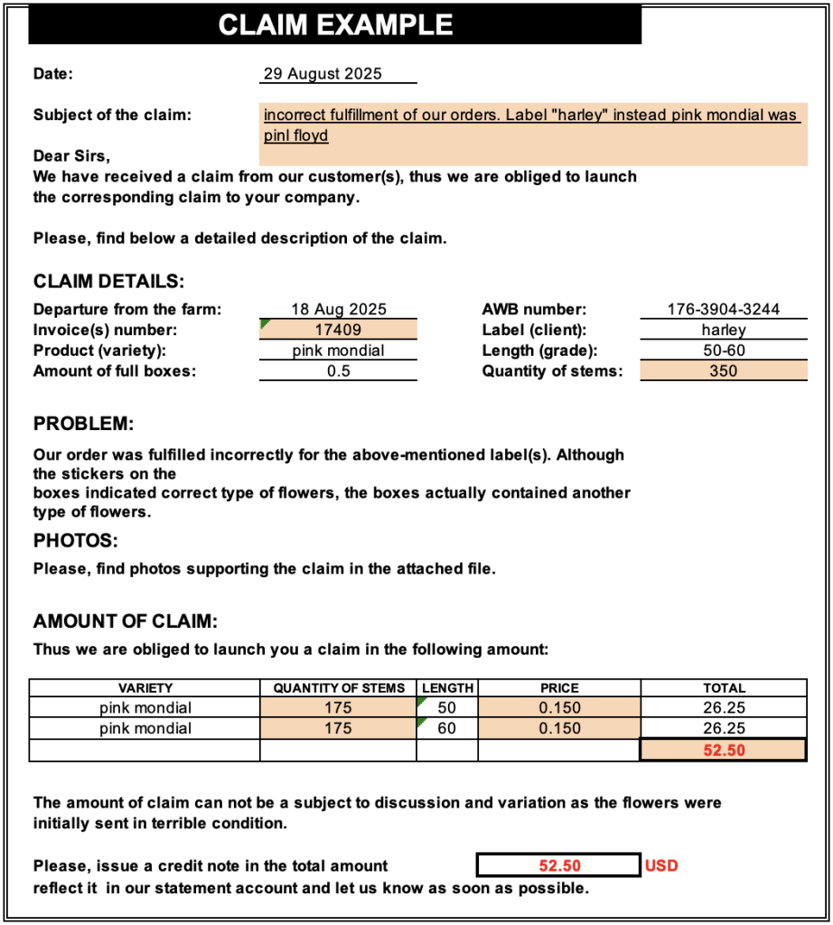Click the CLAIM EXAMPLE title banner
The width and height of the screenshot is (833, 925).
tap(335, 24)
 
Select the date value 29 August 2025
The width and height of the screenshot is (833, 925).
tap(323, 74)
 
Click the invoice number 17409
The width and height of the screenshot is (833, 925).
tap(338, 330)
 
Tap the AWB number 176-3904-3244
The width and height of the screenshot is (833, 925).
tap(724, 310)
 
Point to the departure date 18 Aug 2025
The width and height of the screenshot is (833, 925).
tap(338, 310)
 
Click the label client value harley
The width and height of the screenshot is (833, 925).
tap(724, 330)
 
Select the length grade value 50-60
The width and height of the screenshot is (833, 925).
tap(724, 350)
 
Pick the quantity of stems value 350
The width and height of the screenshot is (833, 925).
tap(724, 370)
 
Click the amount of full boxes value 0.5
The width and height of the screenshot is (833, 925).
tap(338, 370)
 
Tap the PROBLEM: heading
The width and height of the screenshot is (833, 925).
tap(83, 424)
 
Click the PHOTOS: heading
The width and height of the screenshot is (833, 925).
tap(77, 541)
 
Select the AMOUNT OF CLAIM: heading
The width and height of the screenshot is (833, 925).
tap(126, 621)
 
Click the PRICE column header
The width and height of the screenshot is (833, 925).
tap(559, 687)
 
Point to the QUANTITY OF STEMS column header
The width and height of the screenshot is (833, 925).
tap(339, 687)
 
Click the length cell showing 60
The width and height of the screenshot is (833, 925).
tap(447, 728)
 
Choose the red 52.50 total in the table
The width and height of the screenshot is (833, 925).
tap(724, 750)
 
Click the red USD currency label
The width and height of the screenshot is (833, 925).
tap(661, 865)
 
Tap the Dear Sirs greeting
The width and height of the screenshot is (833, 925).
tap(71, 156)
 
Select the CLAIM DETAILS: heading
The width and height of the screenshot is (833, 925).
tap(109, 282)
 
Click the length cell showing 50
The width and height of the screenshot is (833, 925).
tap(447, 707)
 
